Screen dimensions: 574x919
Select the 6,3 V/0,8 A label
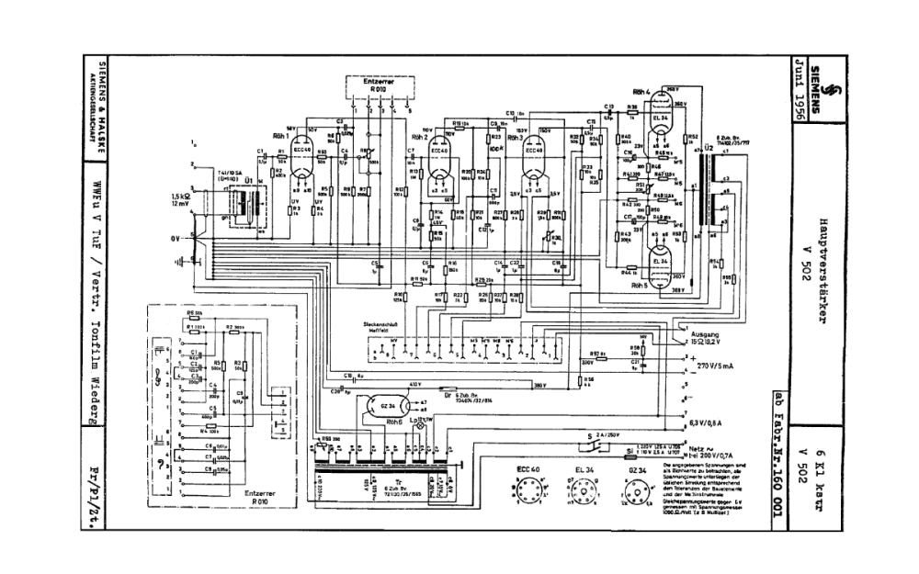pyautogui.click(x=719, y=424)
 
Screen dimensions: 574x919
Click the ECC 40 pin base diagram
pyautogui.click(x=527, y=495)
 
